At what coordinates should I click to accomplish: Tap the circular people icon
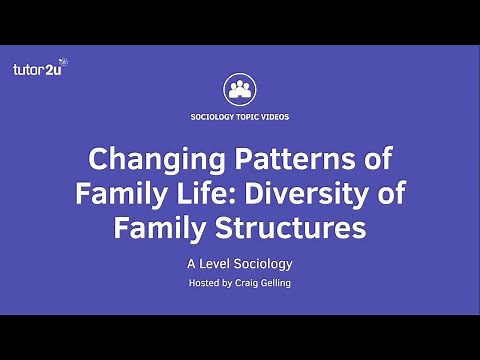pyautogui.click(x=239, y=88)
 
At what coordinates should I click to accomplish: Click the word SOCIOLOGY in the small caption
pyautogui.click(x=211, y=117)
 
